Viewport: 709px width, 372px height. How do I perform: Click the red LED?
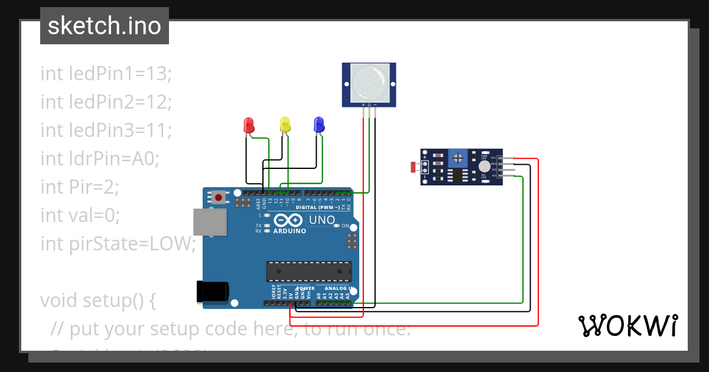[249, 125]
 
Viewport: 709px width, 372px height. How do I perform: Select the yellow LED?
[285, 124]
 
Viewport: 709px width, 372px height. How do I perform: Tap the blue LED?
[318, 124]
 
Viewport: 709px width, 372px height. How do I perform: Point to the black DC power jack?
[212, 292]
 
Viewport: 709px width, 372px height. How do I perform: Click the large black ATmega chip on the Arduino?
[309, 271]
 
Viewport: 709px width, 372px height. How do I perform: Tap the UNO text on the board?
[323, 221]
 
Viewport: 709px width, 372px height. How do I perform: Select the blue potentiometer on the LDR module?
[458, 158]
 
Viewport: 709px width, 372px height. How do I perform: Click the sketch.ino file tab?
[105, 26]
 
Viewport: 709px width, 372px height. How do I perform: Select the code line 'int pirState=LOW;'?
[118, 243]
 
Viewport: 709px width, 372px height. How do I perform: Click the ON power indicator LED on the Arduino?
[336, 226]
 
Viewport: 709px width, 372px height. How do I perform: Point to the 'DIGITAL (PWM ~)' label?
[317, 208]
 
